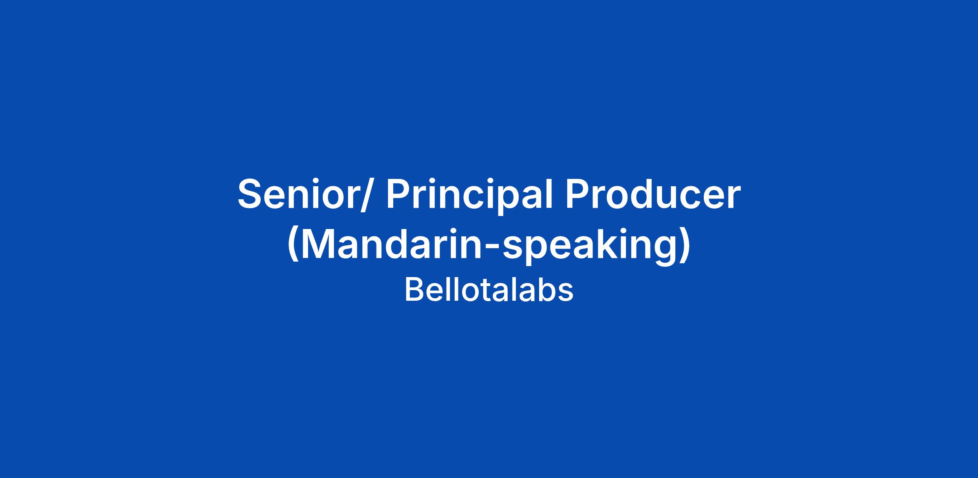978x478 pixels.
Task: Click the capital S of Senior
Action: click(250, 194)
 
